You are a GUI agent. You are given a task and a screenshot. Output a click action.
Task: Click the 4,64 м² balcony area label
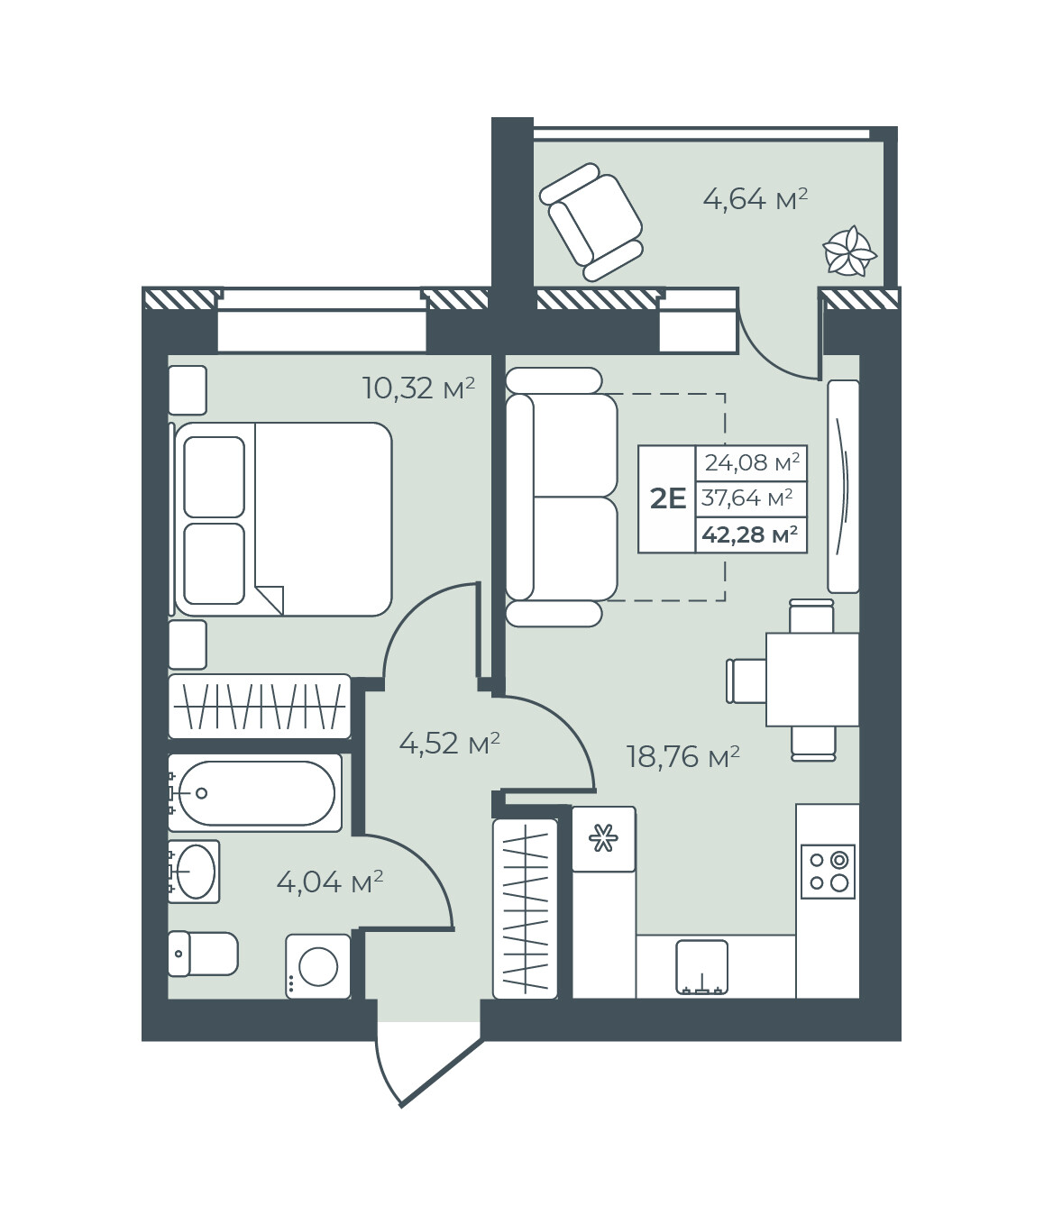point(755,199)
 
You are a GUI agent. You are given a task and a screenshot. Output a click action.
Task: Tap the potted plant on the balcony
point(849,251)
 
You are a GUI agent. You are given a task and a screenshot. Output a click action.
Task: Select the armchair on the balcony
point(591,222)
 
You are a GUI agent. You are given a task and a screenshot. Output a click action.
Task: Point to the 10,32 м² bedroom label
point(418,388)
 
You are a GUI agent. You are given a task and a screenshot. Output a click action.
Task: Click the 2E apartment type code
point(668,499)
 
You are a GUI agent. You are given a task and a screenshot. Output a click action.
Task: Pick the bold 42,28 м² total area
point(750,534)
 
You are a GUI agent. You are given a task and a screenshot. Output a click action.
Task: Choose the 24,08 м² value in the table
point(752,461)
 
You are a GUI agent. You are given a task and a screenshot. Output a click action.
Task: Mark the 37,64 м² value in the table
point(747,498)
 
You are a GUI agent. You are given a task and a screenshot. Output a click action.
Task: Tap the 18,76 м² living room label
point(683,757)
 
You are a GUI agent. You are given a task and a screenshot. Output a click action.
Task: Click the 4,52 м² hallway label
point(450,743)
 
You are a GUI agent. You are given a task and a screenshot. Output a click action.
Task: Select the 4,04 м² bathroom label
point(330,882)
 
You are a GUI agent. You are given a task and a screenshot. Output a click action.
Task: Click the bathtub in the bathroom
point(255,793)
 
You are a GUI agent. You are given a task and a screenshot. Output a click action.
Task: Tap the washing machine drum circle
point(318,967)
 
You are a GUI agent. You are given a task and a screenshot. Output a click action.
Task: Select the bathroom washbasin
point(194,871)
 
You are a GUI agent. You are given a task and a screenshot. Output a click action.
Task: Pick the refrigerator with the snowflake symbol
point(603,839)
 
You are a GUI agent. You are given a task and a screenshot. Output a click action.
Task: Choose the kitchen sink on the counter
point(701,967)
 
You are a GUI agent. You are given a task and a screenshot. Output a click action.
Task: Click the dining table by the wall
point(812,680)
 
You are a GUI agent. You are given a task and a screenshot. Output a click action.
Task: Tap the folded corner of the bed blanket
point(270,600)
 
